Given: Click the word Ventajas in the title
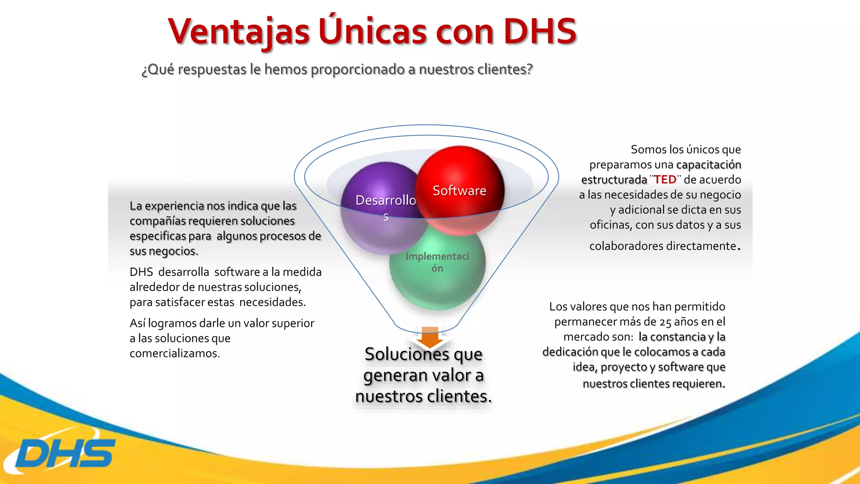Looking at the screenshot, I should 239,32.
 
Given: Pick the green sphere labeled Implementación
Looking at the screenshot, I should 438,273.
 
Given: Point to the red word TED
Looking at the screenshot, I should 665,180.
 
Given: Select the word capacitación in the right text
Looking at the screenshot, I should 708,165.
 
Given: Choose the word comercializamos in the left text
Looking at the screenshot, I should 174,354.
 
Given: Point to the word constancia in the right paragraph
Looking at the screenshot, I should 672,337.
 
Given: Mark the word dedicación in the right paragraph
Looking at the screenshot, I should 570,352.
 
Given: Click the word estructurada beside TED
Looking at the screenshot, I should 614,180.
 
